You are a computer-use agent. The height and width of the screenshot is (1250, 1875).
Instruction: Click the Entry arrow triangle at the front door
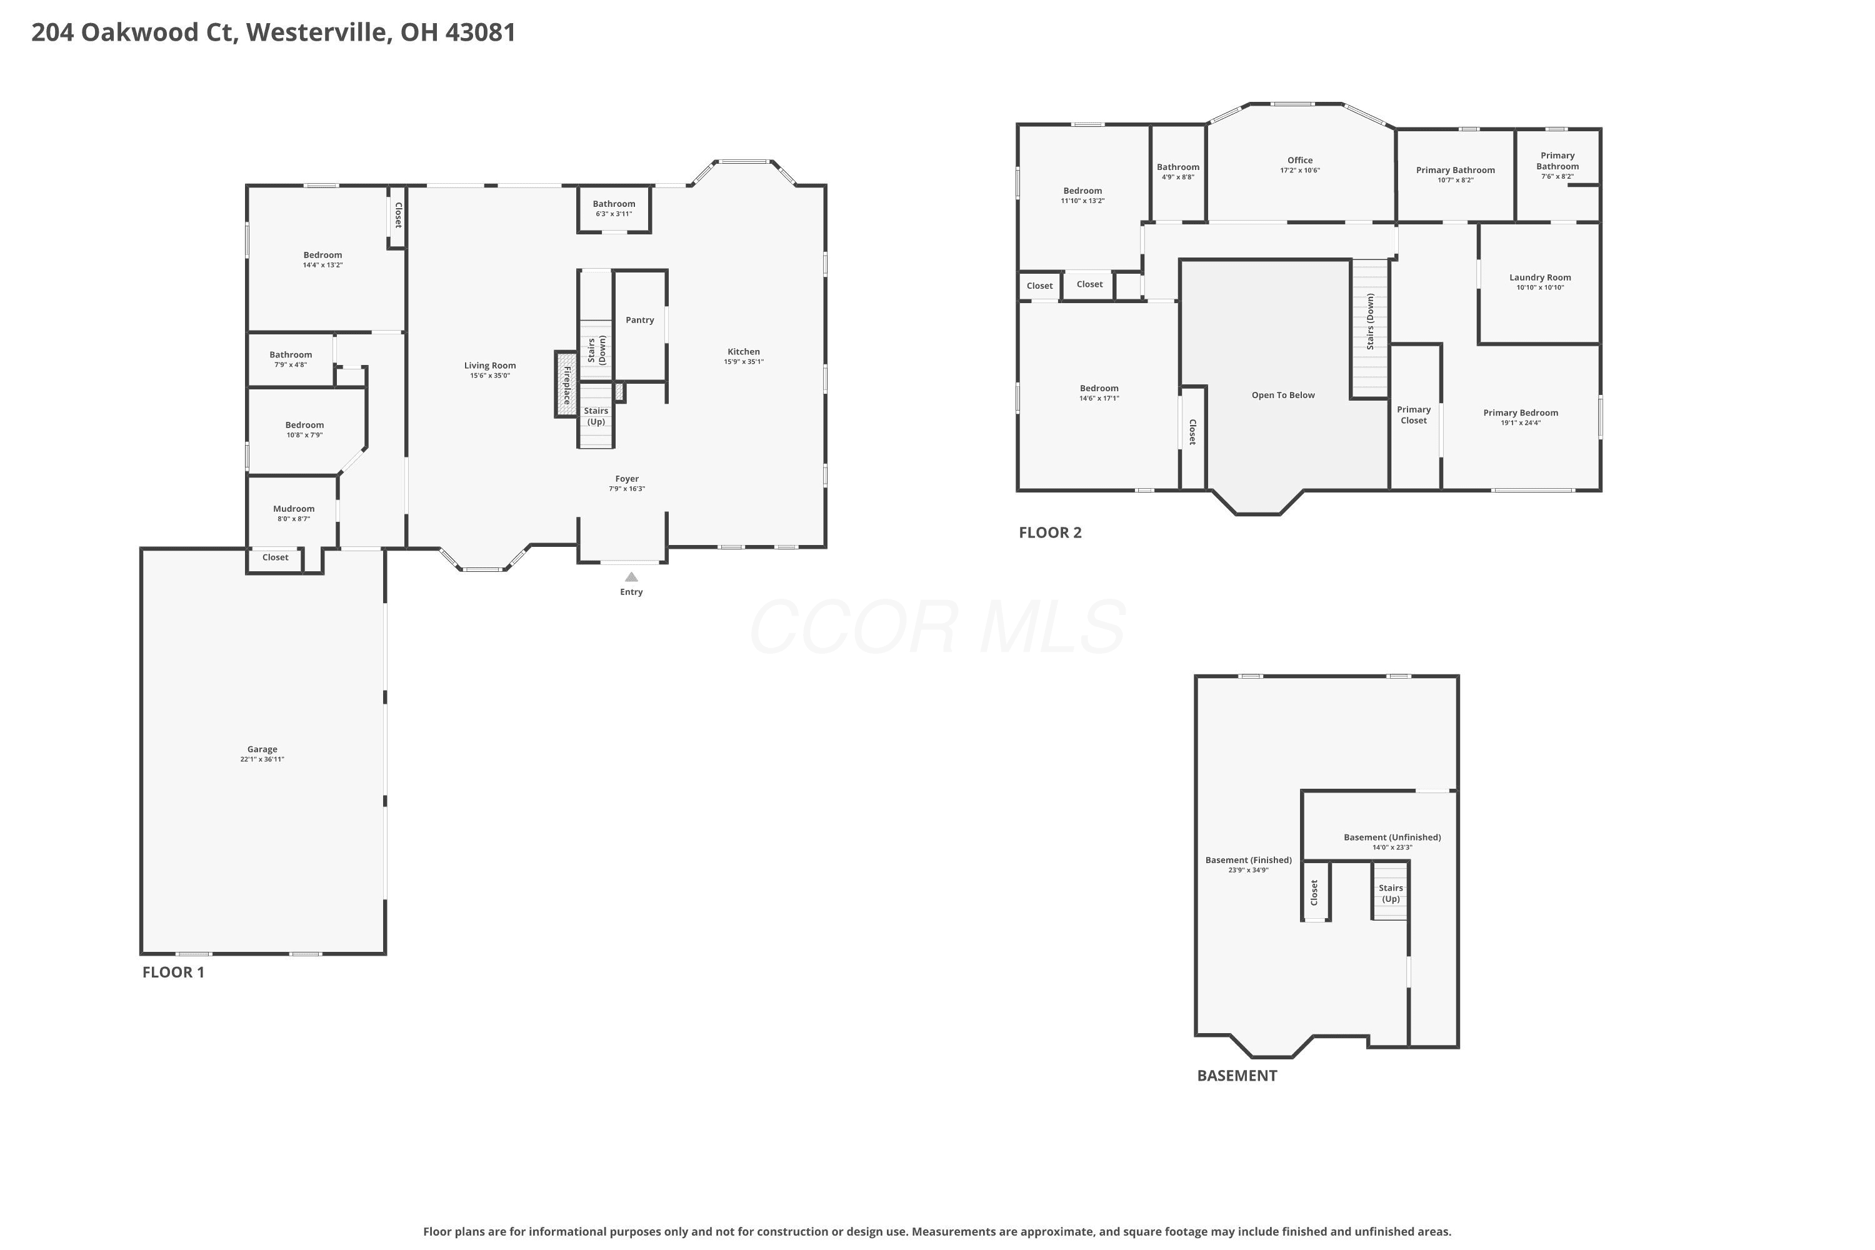(631, 576)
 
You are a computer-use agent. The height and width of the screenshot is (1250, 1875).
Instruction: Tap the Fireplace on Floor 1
(566, 384)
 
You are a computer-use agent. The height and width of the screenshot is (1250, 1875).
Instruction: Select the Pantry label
(639, 319)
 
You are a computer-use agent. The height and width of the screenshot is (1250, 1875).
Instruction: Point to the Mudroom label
(293, 509)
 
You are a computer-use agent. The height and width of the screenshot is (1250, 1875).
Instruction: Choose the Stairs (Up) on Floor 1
(596, 416)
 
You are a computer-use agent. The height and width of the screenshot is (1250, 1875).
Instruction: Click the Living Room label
(490, 366)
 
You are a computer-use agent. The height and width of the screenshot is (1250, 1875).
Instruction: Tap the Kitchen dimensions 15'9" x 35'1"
(744, 362)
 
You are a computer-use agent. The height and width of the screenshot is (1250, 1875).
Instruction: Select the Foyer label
(627, 479)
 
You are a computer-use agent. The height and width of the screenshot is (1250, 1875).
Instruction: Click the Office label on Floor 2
(1299, 160)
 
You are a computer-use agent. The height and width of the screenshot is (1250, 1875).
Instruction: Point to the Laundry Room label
(1540, 277)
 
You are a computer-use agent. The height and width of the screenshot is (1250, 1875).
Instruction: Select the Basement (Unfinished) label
(1392, 837)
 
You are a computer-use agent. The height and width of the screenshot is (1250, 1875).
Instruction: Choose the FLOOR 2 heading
(1050, 532)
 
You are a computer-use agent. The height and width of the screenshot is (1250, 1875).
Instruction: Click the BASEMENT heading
(1236, 1076)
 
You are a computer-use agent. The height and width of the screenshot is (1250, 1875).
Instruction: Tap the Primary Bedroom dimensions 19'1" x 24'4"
(1520, 423)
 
